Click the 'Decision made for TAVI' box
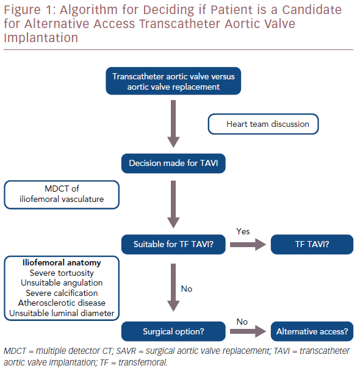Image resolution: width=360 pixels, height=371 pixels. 173,164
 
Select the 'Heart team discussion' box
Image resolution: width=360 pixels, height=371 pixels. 263,124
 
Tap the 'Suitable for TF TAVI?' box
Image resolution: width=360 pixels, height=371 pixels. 173,245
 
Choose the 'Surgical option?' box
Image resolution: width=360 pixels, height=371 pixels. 173,331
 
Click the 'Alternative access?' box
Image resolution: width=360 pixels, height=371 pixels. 312,331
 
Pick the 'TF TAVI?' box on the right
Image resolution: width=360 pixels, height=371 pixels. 312,245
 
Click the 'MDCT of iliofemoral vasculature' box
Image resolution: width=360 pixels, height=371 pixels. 62,195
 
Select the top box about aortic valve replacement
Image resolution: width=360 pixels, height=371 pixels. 173,81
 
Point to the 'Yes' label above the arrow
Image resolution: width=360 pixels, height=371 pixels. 243,231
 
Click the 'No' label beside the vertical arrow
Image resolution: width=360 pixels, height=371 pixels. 186,289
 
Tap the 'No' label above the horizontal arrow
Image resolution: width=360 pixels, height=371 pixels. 242,322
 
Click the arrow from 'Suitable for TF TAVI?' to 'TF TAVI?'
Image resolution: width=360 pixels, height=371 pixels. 248,245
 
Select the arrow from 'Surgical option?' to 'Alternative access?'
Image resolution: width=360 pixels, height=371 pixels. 248,331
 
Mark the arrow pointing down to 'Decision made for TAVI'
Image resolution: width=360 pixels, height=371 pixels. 173,124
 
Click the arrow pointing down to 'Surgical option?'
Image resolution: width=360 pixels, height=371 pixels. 173,287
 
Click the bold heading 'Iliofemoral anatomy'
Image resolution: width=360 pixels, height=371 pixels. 62,262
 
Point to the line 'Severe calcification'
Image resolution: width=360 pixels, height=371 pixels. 62,293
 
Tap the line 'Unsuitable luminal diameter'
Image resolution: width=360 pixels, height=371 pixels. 62,313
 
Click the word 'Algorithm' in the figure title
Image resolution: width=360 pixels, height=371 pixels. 88,10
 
